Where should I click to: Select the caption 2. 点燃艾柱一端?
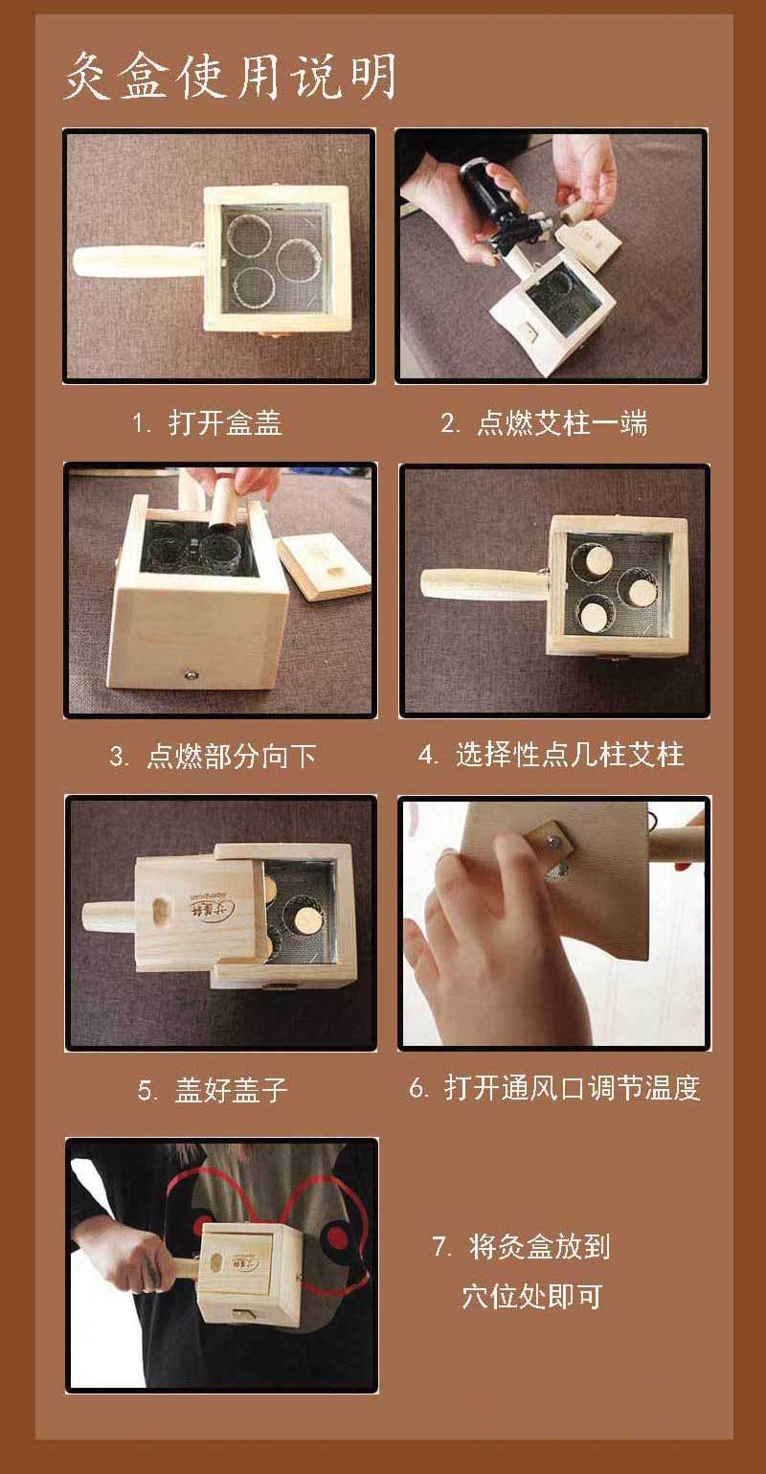point(544,422)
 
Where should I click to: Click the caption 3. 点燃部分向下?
point(214,756)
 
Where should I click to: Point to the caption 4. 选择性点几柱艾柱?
point(551,754)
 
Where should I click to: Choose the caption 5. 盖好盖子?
point(213,1090)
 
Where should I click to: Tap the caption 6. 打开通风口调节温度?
point(554,1088)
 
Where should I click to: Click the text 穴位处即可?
point(531,1297)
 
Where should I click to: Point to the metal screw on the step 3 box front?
point(191,673)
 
